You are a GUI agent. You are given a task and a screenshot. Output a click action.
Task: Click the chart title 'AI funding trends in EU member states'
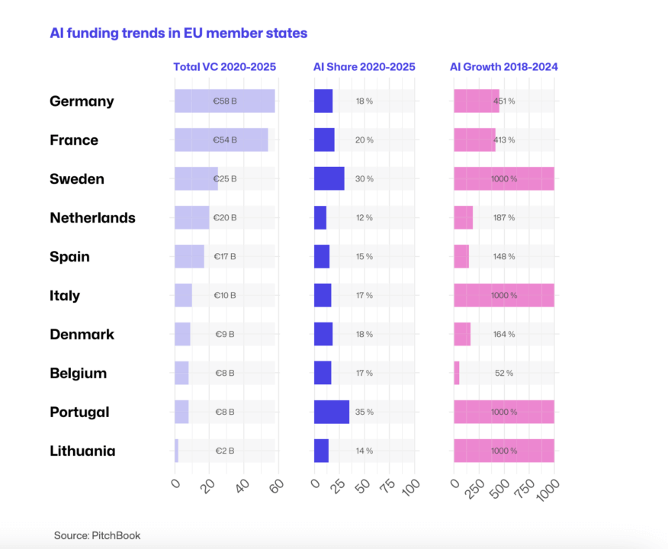coord(178,34)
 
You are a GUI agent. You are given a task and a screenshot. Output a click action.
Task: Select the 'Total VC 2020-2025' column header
coord(224,67)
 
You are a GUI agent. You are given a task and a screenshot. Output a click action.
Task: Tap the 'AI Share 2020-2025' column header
coord(365,67)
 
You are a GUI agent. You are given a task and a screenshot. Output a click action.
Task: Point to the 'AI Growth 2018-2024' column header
coord(504,67)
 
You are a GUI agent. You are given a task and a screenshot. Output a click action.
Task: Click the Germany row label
coord(82,101)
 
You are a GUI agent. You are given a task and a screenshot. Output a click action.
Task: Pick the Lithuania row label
coord(82,451)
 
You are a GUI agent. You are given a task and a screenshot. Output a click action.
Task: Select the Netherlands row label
coord(92,218)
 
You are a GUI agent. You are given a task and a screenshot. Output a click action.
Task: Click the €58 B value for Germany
coord(225,101)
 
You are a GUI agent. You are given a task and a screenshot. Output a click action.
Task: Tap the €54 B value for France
coord(225,140)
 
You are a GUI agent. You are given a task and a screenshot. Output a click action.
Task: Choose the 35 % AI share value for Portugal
coord(365,413)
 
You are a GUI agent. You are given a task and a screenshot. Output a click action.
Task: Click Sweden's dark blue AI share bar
coord(329,179)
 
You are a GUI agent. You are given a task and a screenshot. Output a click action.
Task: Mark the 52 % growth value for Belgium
coord(504,374)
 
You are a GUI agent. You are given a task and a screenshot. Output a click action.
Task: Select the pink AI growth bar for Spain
coord(461,257)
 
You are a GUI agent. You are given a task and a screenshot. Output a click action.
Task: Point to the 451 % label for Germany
coord(504,101)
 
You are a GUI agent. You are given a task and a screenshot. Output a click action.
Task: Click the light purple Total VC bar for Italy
coord(183,296)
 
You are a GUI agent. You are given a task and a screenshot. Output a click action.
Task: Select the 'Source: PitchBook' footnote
coord(97,536)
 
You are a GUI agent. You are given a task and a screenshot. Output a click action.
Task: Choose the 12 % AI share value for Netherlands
coord(365,218)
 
